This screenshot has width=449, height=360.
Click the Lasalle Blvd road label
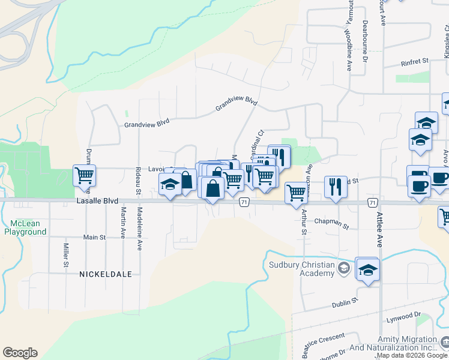point(97,202)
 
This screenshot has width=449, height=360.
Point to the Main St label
point(94,237)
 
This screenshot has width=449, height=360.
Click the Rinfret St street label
point(414,61)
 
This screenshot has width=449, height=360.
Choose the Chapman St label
point(331,224)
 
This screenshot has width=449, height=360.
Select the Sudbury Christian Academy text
point(301,269)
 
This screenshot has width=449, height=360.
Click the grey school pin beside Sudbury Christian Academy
point(344,268)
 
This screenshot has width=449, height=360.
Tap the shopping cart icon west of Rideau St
point(85,175)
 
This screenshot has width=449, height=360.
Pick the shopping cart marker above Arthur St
point(296,193)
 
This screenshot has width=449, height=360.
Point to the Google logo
point(20,353)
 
